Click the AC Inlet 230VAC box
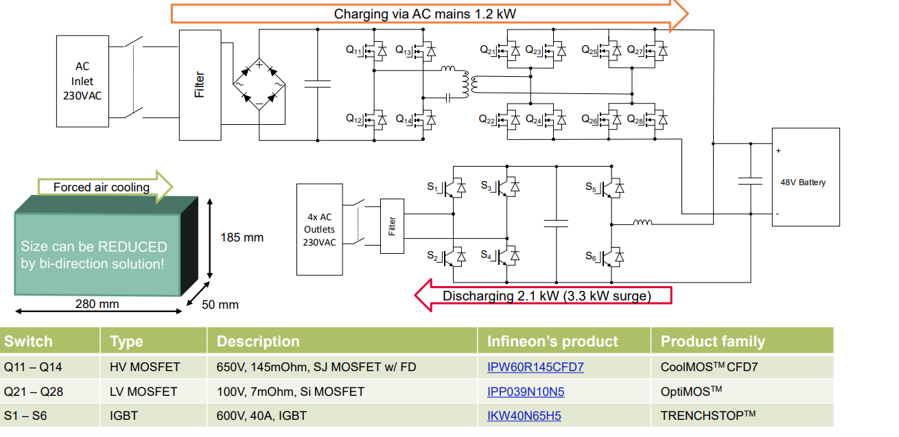pos(82,81)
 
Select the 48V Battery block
pos(806,177)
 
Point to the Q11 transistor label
pos(353,50)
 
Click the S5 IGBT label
pos(591,187)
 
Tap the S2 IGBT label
pos(432,256)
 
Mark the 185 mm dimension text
pos(242,237)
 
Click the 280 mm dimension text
pos(97,304)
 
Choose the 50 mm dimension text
pos(220,304)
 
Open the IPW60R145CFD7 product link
pos(535,367)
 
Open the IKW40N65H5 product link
pos(524,415)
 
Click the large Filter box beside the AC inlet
pos(200,85)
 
